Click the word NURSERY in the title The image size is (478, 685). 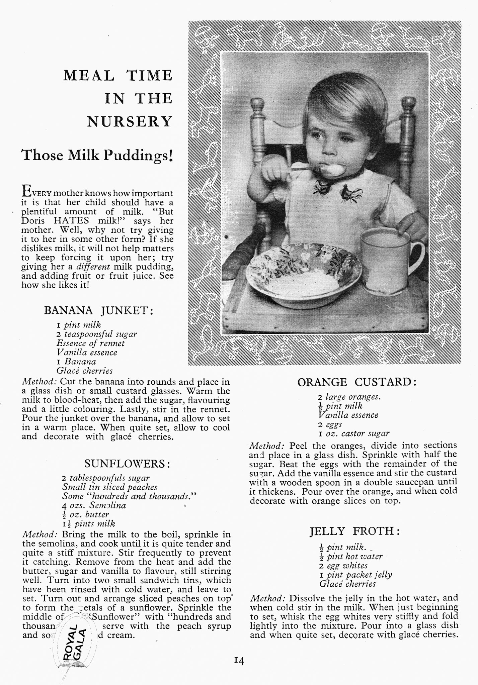click(130, 121)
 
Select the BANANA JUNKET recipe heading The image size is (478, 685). click(99, 310)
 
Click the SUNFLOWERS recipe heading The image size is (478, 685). click(127, 464)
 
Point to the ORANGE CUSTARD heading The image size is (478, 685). click(357, 382)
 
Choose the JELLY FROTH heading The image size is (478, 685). click(354, 531)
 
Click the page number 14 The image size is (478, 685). click(239, 661)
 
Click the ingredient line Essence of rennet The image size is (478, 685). click(90, 343)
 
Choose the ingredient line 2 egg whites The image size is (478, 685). click(343, 566)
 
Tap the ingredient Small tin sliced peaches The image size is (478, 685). click(109, 487)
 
